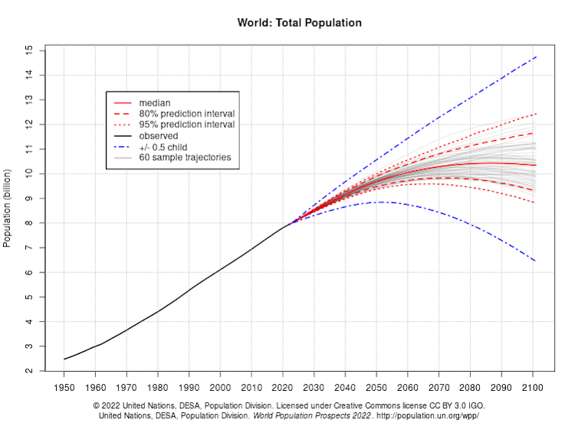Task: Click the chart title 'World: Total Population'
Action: click(x=299, y=23)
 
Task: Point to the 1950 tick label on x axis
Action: click(x=64, y=386)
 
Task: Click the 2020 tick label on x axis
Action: click(x=284, y=386)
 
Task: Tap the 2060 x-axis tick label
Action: click(x=409, y=386)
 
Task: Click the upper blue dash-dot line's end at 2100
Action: click(x=535, y=57)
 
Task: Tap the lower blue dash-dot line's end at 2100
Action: click(x=535, y=261)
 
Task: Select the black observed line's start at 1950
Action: click(x=64, y=359)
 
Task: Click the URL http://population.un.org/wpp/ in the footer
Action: click(x=429, y=415)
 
